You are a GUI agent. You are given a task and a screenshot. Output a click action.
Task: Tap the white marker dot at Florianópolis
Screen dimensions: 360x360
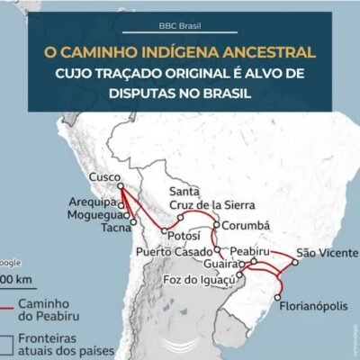pos(278,297)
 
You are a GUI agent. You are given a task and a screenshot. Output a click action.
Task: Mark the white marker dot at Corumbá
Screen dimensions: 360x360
pos(218,225)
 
